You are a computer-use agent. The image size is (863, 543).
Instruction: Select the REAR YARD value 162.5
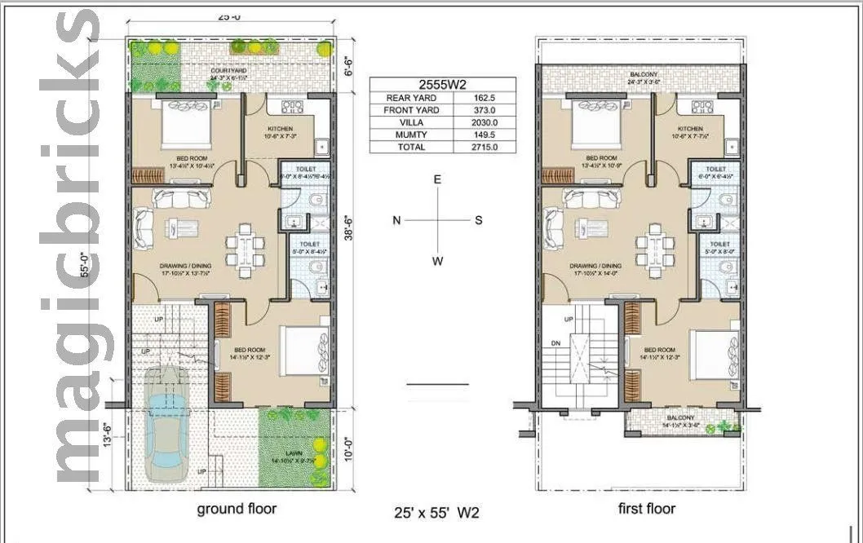(x=485, y=98)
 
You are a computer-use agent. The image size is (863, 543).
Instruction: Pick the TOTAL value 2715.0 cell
(x=485, y=147)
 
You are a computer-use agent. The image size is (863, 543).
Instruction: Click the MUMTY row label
(x=411, y=135)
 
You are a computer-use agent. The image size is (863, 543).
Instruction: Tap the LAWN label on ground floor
(x=295, y=454)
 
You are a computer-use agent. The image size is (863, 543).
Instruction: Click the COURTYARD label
(x=228, y=71)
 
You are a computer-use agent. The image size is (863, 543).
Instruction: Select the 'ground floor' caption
(x=237, y=509)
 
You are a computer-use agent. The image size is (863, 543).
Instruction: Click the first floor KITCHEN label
(x=690, y=129)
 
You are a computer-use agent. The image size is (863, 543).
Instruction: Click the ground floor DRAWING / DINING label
(x=186, y=266)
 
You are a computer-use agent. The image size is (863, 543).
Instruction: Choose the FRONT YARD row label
(x=411, y=110)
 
